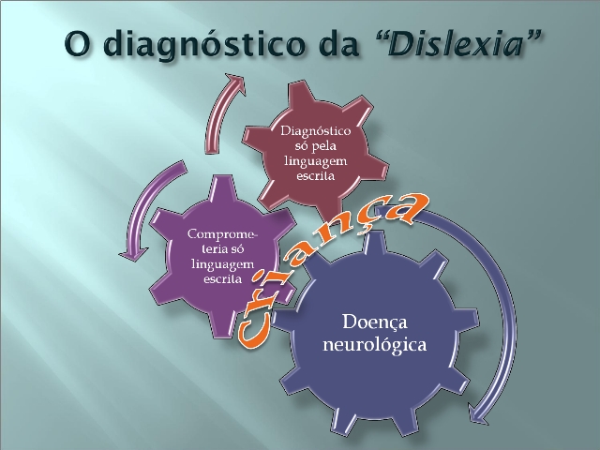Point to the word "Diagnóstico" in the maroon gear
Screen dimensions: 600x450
click(x=316, y=131)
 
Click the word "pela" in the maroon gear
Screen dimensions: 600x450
click(x=323, y=146)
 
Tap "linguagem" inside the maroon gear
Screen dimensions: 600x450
click(x=316, y=160)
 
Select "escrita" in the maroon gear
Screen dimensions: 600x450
click(x=316, y=175)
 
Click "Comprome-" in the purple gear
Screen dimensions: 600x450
click(x=223, y=233)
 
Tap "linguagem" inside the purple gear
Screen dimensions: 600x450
click(x=223, y=264)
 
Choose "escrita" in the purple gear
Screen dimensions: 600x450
click(x=223, y=278)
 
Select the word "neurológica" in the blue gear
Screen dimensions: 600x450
click(x=375, y=344)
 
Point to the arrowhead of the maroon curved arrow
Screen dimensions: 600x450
click(x=235, y=82)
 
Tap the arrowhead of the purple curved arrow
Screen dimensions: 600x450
click(x=133, y=253)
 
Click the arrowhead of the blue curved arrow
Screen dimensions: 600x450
click(x=479, y=415)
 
